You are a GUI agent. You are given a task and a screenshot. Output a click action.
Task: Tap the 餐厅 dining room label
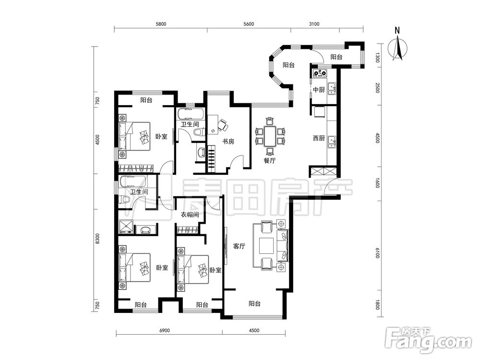tap(269, 160)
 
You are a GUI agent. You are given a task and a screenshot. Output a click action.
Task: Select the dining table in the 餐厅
tap(270, 136)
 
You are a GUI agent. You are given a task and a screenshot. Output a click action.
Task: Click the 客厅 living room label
tap(239, 246)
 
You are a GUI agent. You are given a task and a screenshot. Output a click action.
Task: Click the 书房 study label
tap(228, 142)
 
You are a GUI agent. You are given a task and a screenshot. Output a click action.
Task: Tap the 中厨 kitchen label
tap(319, 90)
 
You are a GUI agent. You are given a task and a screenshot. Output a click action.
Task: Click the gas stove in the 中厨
tap(320, 73)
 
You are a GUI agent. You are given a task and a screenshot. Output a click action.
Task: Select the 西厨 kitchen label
tap(319, 138)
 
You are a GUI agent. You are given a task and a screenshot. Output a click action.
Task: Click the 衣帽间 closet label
tap(190, 215)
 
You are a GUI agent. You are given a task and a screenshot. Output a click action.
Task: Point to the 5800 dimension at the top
tap(161, 24)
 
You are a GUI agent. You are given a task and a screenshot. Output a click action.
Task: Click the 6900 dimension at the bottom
tap(164, 331)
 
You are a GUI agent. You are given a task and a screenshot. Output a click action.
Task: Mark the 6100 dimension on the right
tap(377, 253)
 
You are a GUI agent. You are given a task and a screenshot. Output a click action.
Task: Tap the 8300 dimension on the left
tap(97, 239)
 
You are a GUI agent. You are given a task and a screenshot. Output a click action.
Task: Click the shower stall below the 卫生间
tap(126, 227)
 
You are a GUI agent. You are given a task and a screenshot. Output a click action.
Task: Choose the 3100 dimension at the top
tap(314, 24)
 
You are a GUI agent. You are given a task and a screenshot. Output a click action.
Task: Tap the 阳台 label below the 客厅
tap(254, 304)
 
